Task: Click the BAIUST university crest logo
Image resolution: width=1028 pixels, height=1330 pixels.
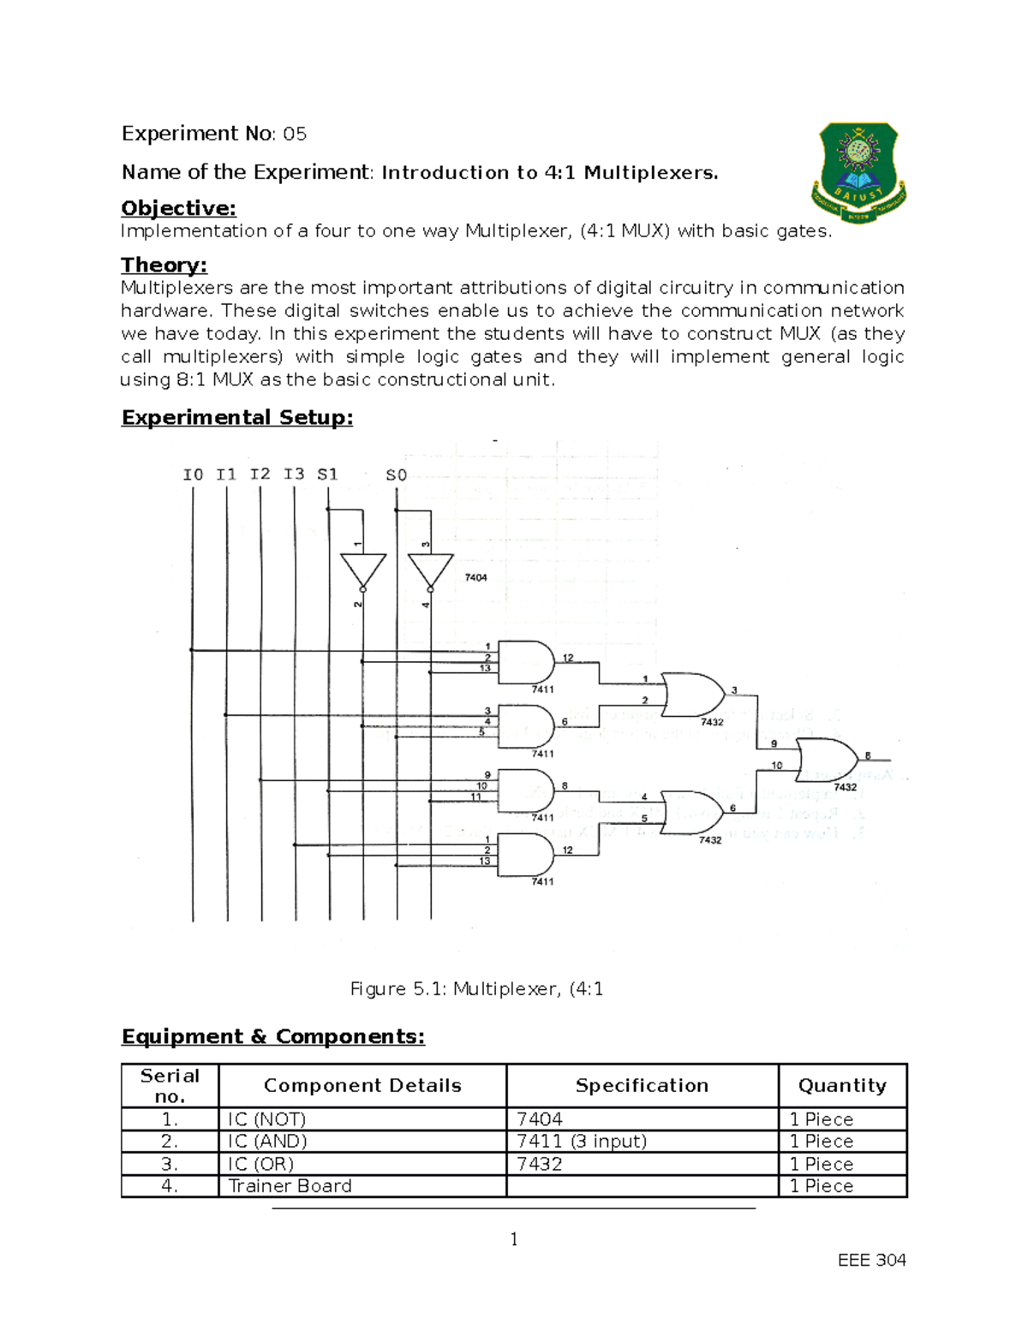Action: (x=859, y=172)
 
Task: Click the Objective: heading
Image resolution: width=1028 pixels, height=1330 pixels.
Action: (x=178, y=208)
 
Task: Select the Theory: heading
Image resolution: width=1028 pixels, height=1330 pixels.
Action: (x=164, y=265)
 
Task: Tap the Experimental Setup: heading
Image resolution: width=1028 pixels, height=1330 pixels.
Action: (x=237, y=417)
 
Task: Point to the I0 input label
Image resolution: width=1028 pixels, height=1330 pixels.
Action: (x=193, y=474)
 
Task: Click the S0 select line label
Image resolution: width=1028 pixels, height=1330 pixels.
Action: (x=396, y=474)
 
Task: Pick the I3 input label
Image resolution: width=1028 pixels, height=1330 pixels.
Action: (x=294, y=474)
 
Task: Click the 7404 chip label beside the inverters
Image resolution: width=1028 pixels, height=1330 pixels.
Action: (x=475, y=577)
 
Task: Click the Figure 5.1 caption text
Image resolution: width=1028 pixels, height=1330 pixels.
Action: (x=476, y=989)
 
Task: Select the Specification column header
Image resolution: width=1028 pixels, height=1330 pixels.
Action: (x=642, y=1085)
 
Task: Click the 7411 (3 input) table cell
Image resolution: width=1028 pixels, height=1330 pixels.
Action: (x=582, y=1142)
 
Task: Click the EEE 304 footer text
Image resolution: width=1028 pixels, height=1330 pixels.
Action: (x=871, y=1260)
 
